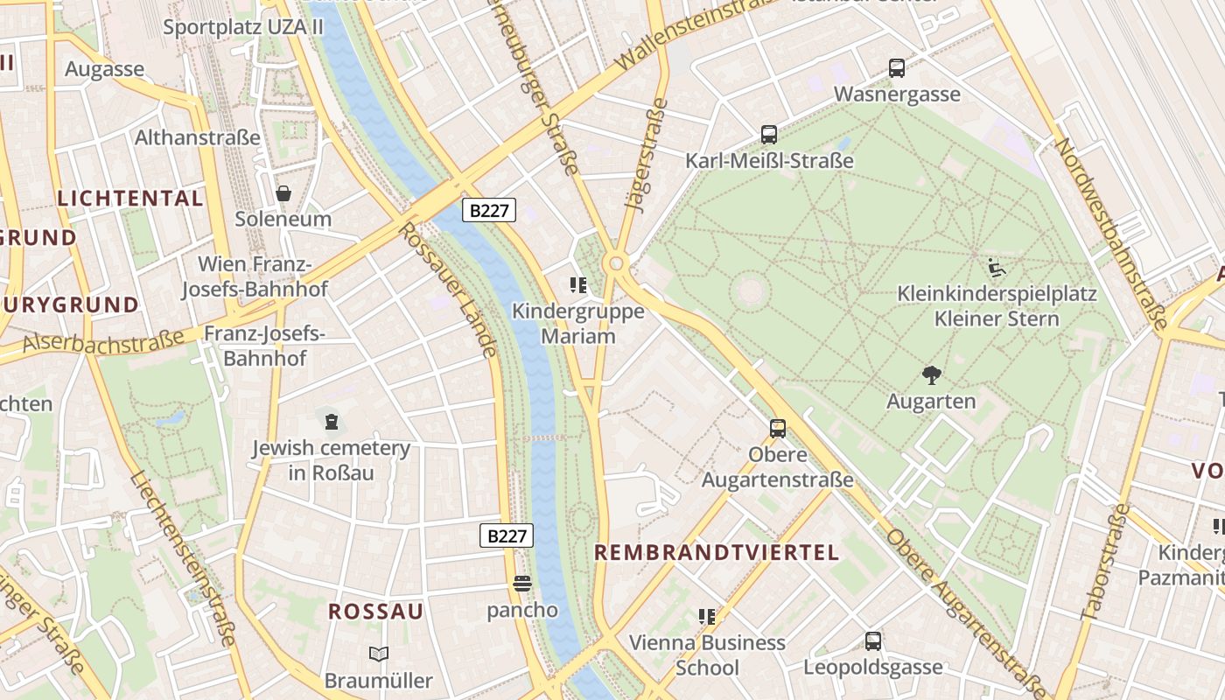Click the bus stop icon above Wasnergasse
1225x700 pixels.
(x=897, y=67)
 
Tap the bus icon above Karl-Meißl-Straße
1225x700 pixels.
(x=769, y=134)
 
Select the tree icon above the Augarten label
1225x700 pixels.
(x=931, y=375)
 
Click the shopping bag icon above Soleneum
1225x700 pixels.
(x=283, y=192)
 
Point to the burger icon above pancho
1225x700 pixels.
(x=522, y=584)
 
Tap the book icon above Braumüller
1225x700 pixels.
(x=379, y=654)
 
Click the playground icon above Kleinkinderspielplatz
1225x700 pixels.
(x=997, y=267)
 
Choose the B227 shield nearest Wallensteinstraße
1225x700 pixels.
(x=489, y=210)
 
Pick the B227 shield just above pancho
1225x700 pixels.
(x=507, y=535)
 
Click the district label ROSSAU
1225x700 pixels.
(x=376, y=612)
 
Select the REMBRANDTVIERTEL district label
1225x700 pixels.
(x=717, y=552)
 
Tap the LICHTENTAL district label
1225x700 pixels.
(x=130, y=199)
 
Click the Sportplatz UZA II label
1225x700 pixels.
(x=243, y=27)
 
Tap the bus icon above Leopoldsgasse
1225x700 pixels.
(x=873, y=640)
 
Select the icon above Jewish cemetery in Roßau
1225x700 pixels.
(x=331, y=423)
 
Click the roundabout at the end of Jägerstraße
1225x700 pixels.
(x=617, y=262)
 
